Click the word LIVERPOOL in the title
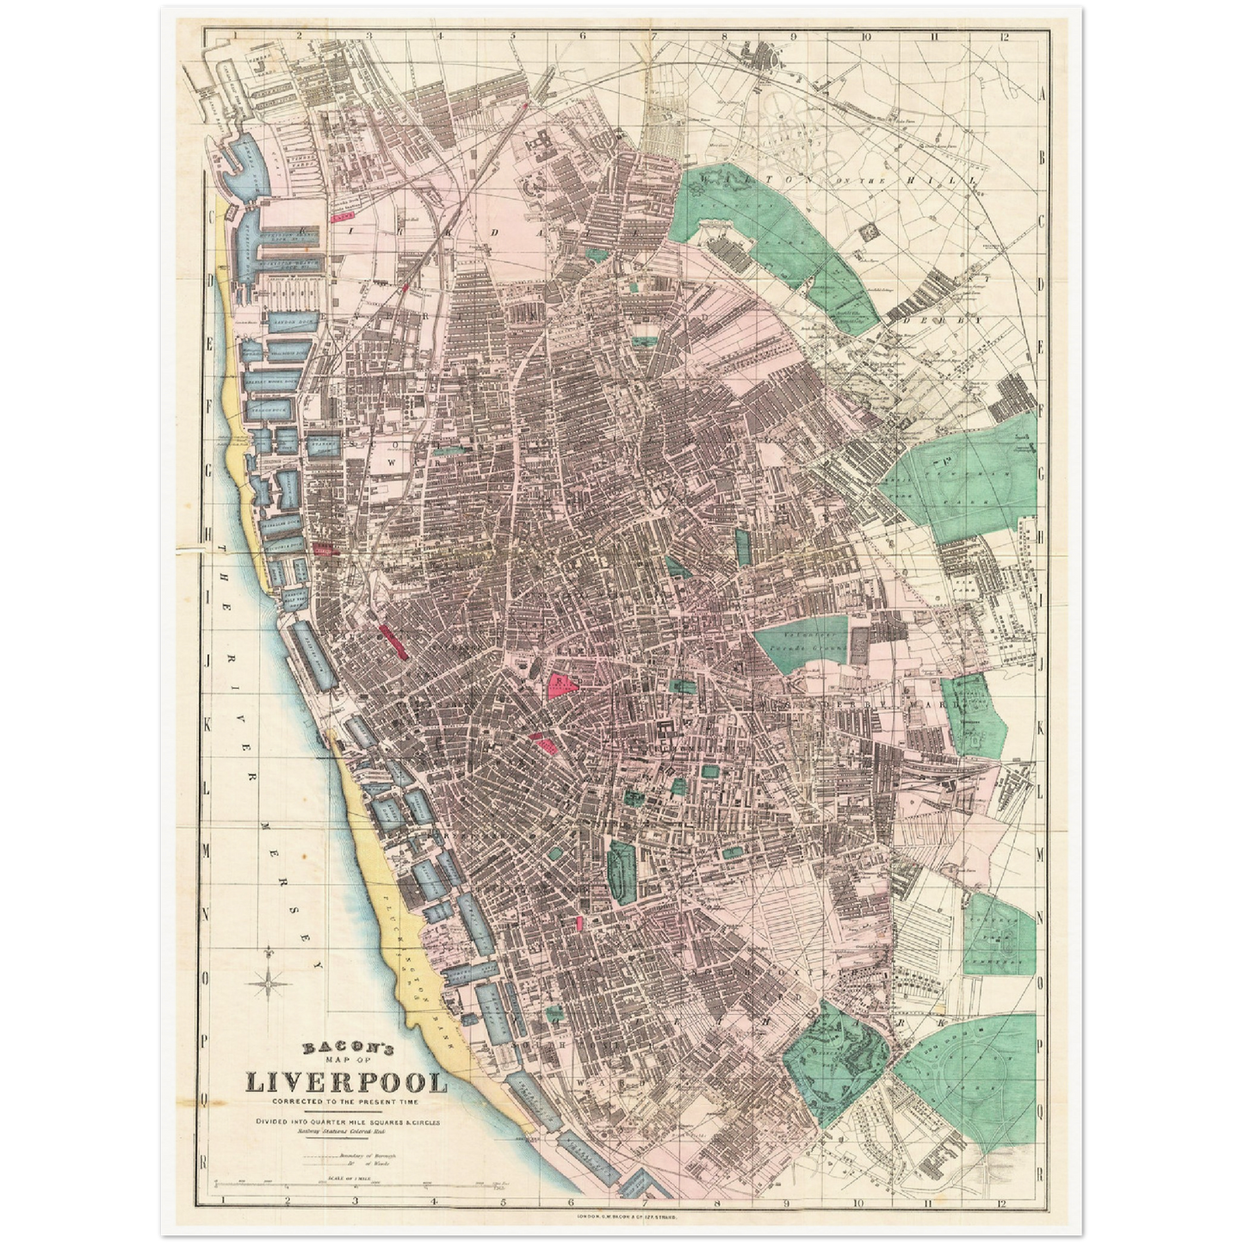pos(347,1082)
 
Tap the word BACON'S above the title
pos(347,1049)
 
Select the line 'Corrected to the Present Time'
pos(347,1102)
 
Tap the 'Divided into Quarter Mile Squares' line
pos(347,1121)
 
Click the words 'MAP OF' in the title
pos(347,1063)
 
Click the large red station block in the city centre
pos(563,684)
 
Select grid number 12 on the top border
pos(1004,37)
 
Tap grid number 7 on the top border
pos(653,37)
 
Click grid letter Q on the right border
pos(1042,1111)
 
